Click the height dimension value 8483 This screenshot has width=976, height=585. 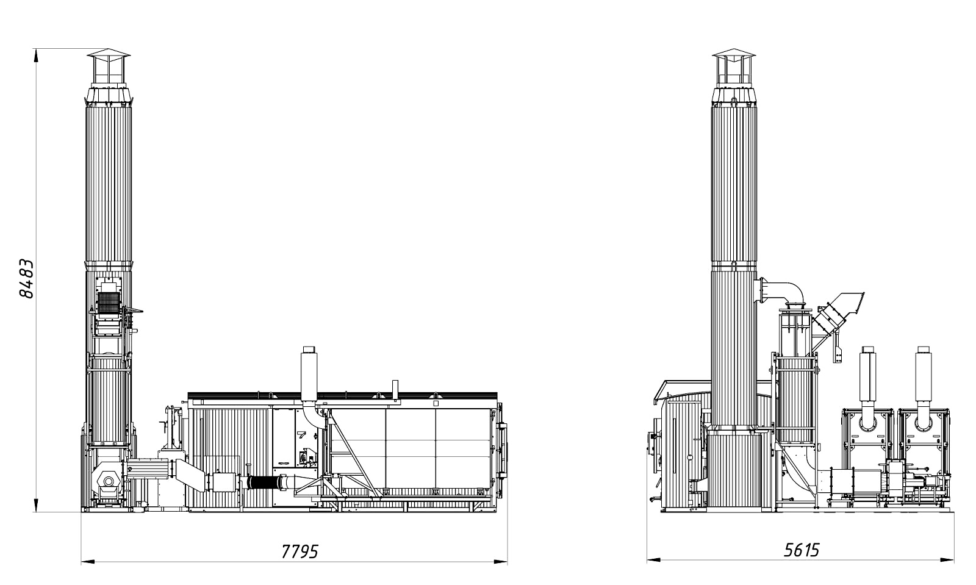pos(26,279)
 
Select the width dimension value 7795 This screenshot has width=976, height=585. pos(300,551)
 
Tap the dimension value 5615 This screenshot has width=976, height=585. pos(802,550)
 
